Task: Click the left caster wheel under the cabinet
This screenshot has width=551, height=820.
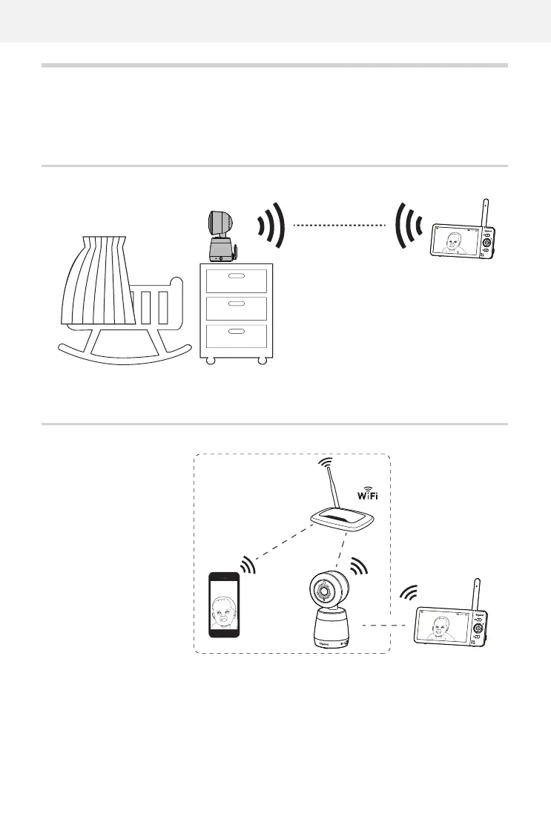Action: (x=210, y=361)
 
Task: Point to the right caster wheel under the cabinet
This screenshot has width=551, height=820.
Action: (x=263, y=361)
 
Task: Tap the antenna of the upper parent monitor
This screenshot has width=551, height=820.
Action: (x=486, y=211)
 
